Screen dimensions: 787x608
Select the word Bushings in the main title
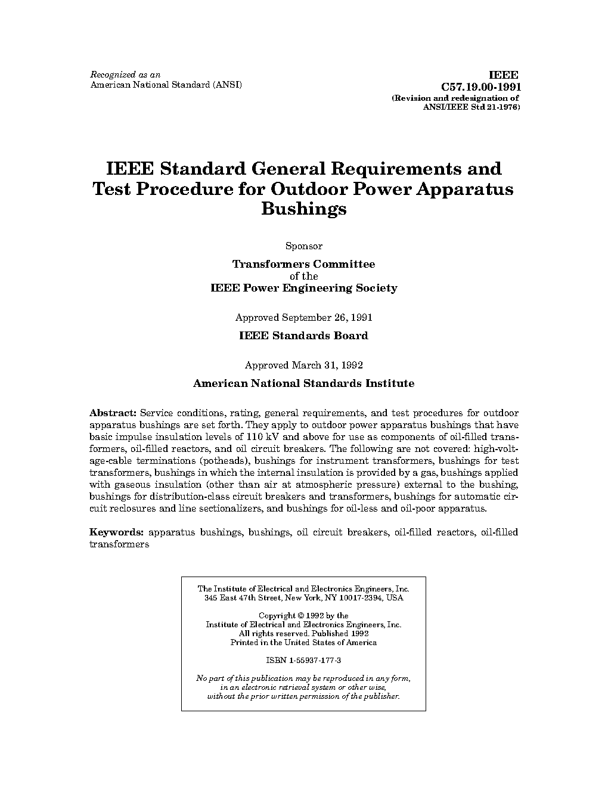(x=303, y=209)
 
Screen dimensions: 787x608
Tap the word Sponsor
(x=303, y=246)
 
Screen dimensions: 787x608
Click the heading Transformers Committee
(x=303, y=264)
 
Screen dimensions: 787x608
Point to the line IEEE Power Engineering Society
(x=303, y=289)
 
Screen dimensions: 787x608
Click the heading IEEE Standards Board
(x=303, y=336)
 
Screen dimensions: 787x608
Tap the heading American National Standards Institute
(x=303, y=384)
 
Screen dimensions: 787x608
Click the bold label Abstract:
(x=113, y=413)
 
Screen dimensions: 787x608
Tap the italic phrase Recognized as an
(x=125, y=75)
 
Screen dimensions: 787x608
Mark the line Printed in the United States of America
(x=303, y=643)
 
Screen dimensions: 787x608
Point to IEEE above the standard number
(x=504, y=75)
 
